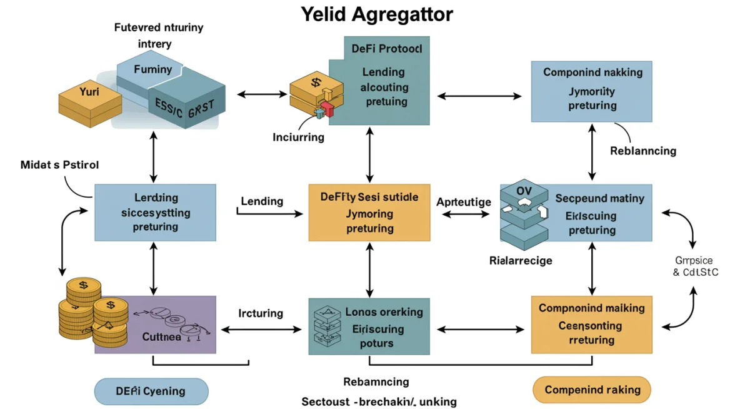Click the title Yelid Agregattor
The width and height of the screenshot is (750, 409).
[x=377, y=15]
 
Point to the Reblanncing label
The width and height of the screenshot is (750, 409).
[x=642, y=151]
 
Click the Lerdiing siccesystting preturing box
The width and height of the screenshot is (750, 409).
[x=155, y=212]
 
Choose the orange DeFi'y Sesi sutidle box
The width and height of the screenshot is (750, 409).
[x=369, y=213]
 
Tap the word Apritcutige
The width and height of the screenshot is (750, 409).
[x=463, y=202]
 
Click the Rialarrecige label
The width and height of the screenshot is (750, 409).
[x=521, y=260]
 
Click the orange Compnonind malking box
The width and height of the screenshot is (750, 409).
[x=591, y=325]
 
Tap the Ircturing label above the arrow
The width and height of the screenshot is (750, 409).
[x=261, y=313]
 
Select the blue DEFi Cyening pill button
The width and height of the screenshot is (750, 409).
[x=151, y=391]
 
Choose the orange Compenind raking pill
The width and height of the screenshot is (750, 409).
[x=591, y=390]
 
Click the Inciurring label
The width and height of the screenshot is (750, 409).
[x=298, y=137]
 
